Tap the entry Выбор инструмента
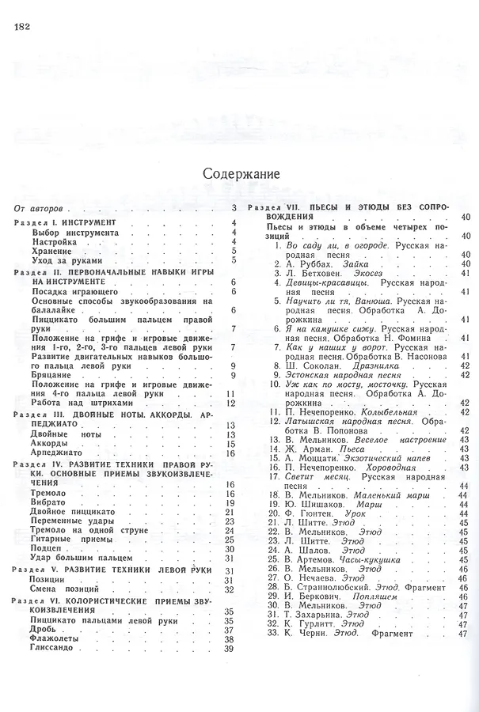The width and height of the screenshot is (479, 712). [74, 233]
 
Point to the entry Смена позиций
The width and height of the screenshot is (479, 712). [68, 589]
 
